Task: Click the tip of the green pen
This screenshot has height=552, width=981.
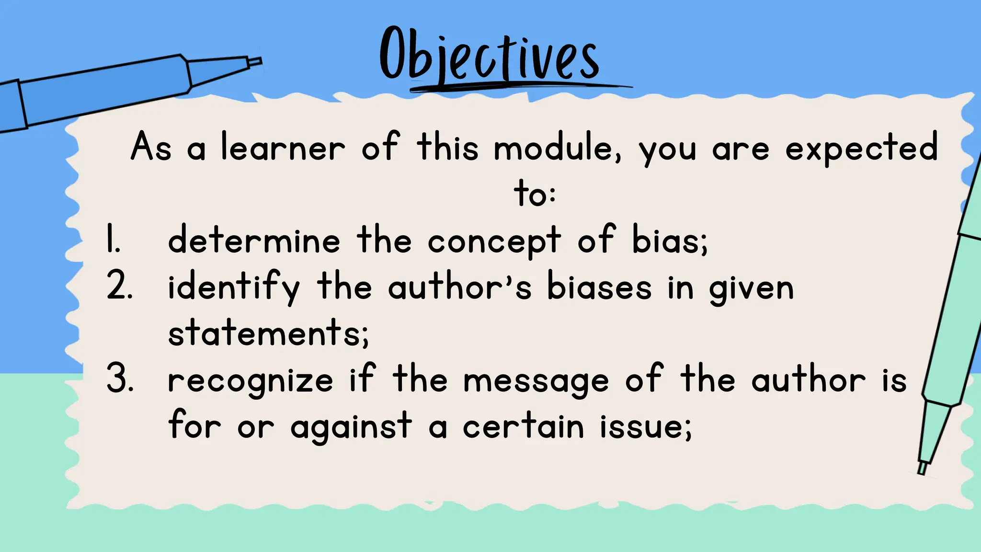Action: tap(921, 470)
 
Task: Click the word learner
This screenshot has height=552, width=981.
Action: tap(283, 147)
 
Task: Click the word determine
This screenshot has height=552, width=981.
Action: tap(254, 240)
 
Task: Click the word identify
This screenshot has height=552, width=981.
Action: tap(233, 287)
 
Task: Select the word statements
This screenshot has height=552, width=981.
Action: tap(268, 333)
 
